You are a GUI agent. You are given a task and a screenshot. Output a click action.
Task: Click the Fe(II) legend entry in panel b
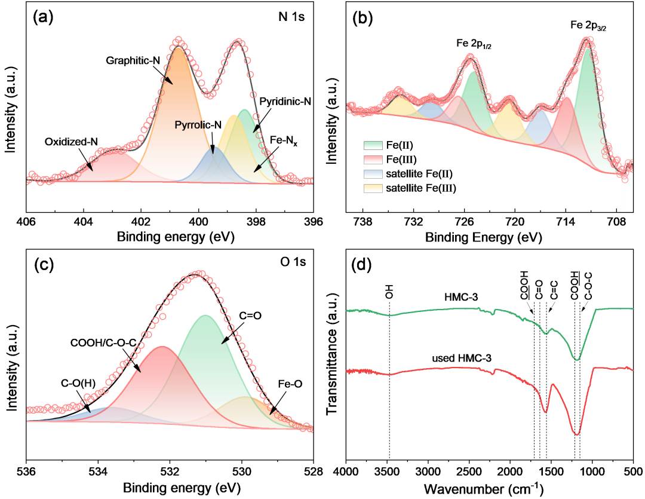pos(388,145)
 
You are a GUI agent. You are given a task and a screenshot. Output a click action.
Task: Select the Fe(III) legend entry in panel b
pos(388,160)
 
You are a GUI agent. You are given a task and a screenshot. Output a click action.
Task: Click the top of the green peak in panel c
pos(205,316)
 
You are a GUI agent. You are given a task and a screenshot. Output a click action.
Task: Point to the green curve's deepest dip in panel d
pos(576,359)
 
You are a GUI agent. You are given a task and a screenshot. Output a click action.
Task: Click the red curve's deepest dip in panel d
pos(576,434)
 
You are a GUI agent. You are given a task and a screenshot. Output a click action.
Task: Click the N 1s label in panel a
pos(291,17)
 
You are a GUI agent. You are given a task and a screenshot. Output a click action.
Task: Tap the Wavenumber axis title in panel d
pos(484,489)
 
